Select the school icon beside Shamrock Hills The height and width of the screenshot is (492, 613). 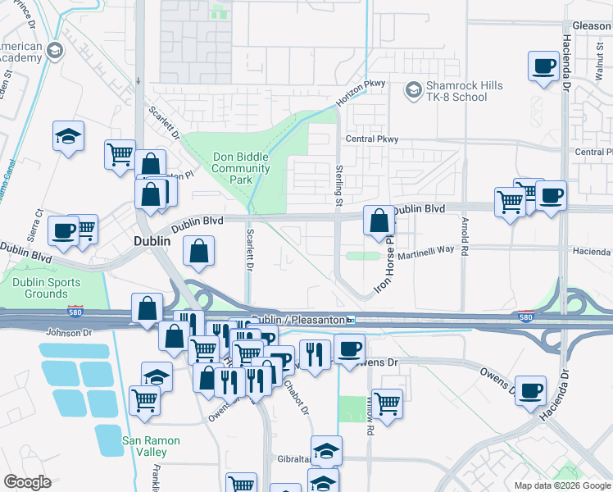click(414, 88)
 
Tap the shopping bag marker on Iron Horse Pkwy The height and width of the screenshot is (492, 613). click(378, 221)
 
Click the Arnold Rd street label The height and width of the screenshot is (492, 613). click(465, 235)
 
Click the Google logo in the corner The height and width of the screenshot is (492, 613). click(27, 482)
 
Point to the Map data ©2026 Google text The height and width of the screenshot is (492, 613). click(562, 485)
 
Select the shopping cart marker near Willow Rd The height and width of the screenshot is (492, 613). click(386, 403)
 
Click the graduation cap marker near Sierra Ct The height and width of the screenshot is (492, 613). click(69, 137)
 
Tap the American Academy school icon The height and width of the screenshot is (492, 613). click(56, 51)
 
